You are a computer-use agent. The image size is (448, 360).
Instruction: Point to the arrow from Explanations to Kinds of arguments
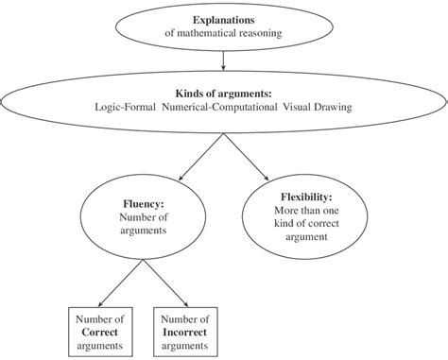pos(223,60)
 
